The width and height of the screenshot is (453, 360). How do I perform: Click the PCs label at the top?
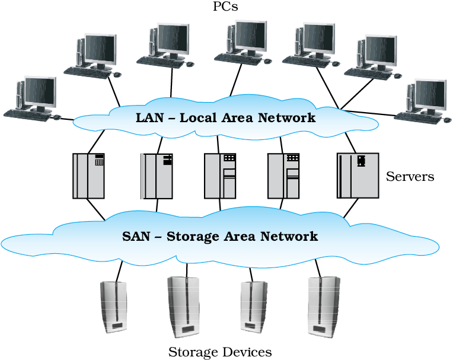pyautogui.click(x=225, y=7)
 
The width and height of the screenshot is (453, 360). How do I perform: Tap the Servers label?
pyautogui.click(x=410, y=176)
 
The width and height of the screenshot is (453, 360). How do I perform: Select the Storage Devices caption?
pyautogui.click(x=220, y=352)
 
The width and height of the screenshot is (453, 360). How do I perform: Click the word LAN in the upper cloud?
pyautogui.click(x=149, y=117)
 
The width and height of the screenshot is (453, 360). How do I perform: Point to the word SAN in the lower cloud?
pyautogui.click(x=137, y=236)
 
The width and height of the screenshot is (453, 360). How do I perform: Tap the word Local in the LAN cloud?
pyautogui.click(x=202, y=117)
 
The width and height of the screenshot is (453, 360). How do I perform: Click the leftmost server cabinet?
pyautogui.click(x=88, y=176)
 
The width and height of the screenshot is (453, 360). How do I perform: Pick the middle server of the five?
pyautogui.click(x=220, y=176)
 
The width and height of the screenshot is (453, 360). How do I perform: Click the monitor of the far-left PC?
pyautogui.click(x=40, y=93)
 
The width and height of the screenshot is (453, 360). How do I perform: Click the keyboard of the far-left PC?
pyautogui.click(x=27, y=113)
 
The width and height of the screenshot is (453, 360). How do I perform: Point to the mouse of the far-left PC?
pyautogui.click(x=57, y=117)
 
